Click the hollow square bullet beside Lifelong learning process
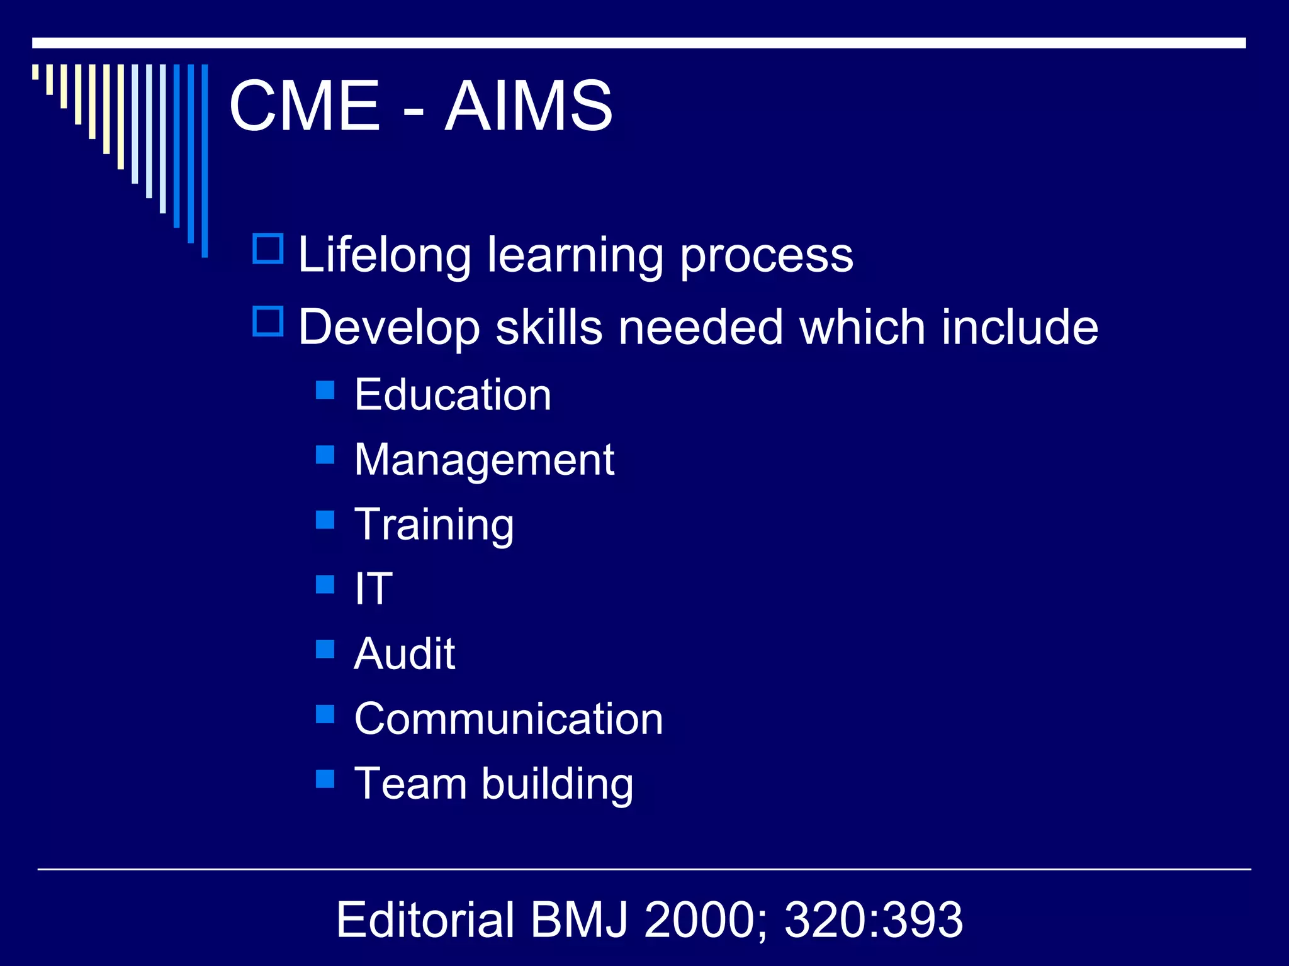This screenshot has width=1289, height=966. (x=268, y=248)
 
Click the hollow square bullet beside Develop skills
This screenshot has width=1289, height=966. (x=268, y=321)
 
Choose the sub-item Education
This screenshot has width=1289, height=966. (x=453, y=395)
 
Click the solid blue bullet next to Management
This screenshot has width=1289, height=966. (x=325, y=454)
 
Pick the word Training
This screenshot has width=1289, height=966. (x=434, y=526)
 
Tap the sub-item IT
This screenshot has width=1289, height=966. (x=373, y=589)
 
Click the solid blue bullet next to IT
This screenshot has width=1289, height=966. (x=325, y=584)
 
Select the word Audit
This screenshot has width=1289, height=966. (x=404, y=654)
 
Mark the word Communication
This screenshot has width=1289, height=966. (x=509, y=719)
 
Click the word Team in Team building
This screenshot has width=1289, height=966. (x=410, y=784)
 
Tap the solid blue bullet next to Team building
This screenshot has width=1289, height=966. (x=325, y=779)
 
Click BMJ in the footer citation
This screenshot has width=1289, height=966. (x=579, y=919)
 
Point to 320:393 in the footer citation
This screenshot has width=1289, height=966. (x=874, y=919)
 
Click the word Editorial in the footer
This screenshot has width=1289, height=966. (x=425, y=919)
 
